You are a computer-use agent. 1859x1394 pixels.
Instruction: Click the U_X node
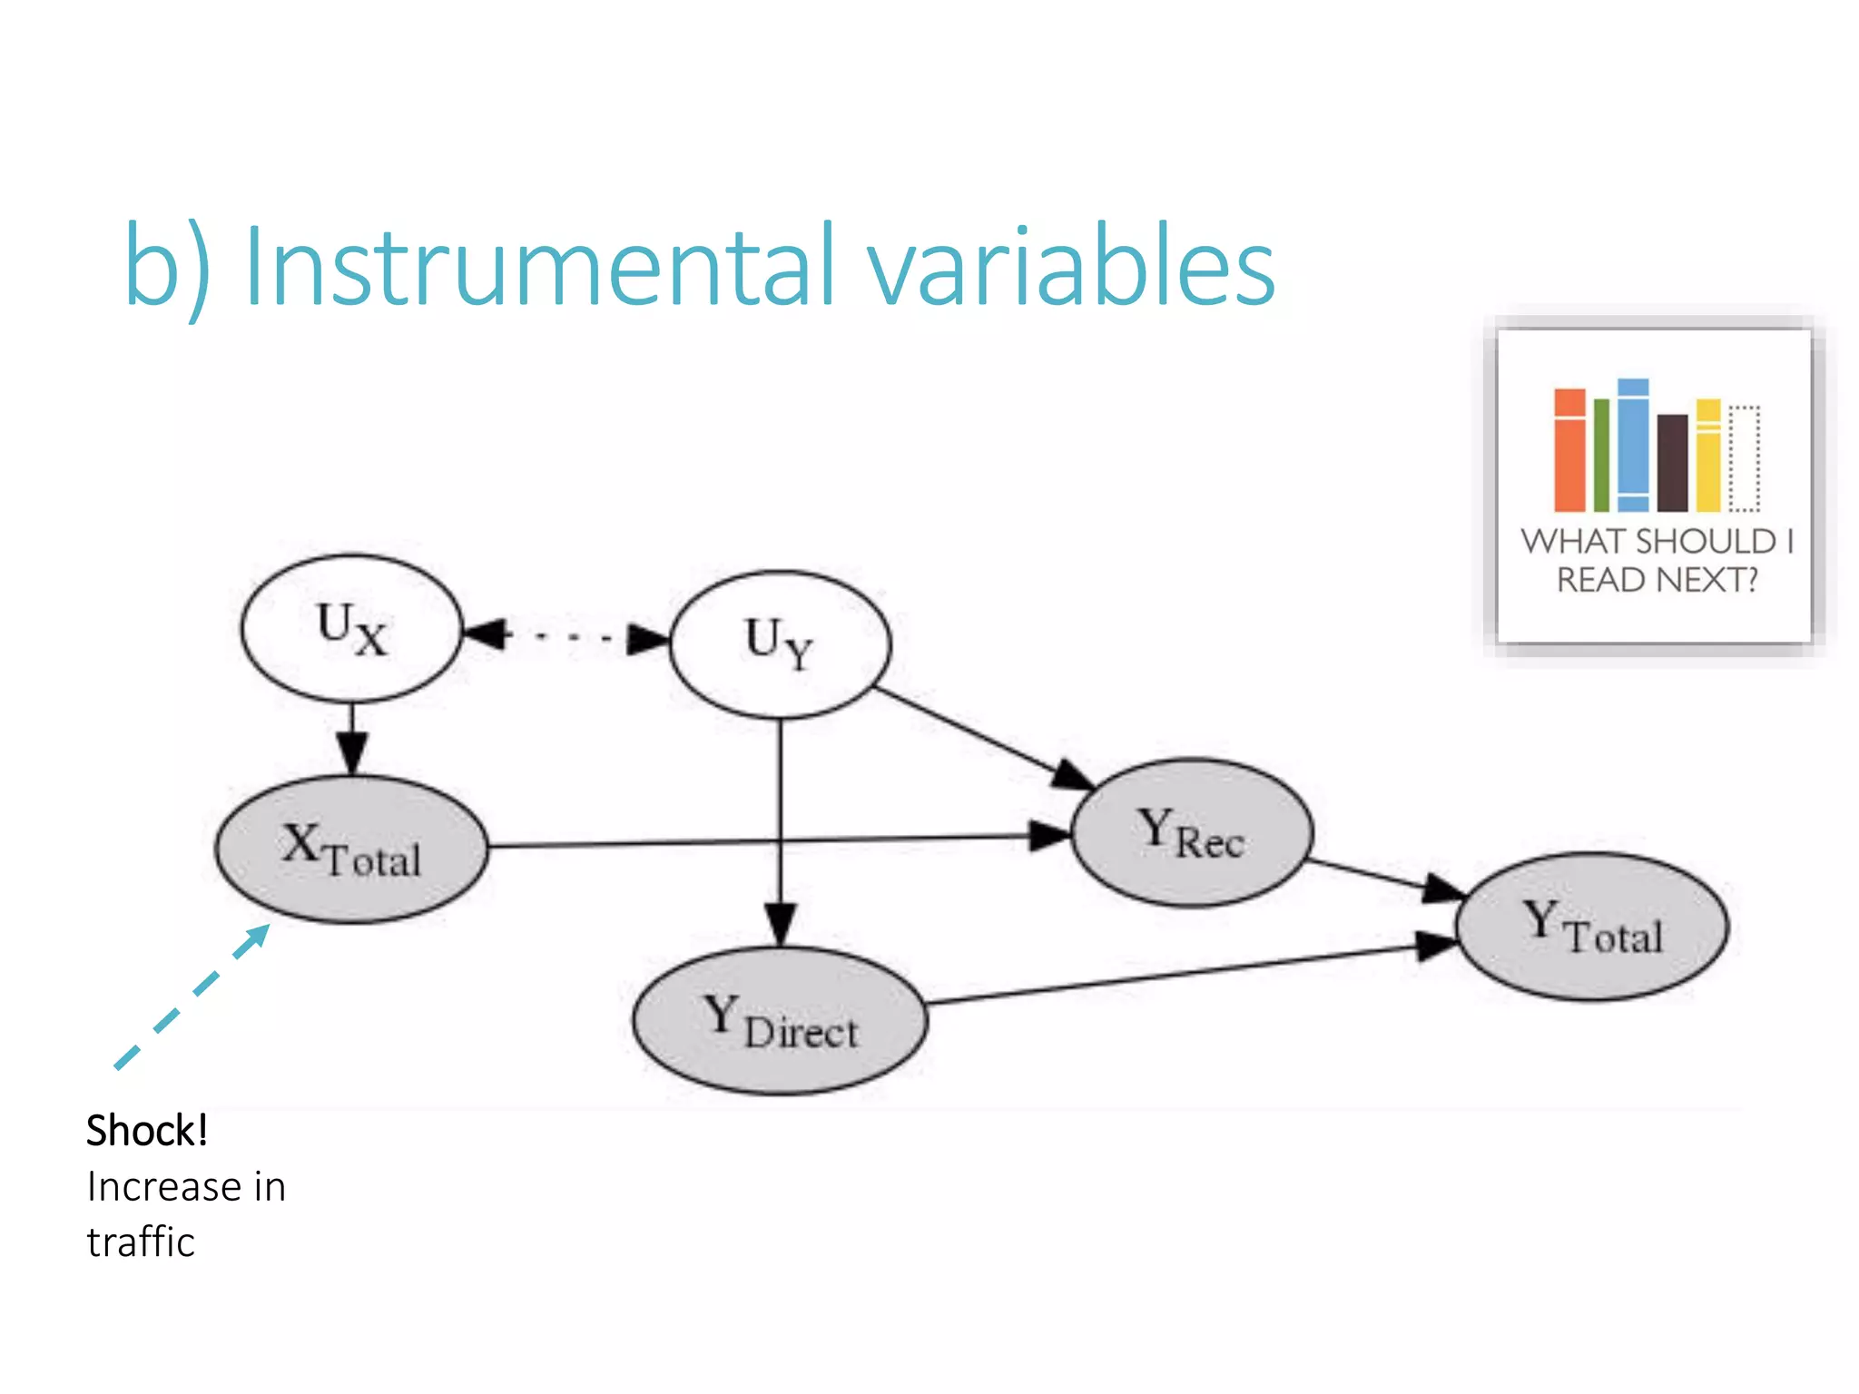pos(351,628)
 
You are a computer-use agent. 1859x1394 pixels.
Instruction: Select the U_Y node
pos(780,643)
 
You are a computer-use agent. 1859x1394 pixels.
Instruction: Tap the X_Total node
pos(351,849)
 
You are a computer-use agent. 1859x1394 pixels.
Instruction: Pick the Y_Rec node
pos(1191,832)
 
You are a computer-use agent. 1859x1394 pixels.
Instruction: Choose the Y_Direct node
pos(780,1020)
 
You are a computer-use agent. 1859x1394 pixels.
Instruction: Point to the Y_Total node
pos(1592,927)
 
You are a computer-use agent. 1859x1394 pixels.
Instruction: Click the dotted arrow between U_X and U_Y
pos(566,636)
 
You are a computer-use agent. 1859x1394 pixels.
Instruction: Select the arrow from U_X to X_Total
pos(351,739)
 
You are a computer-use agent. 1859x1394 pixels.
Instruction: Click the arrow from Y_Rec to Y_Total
pos(1383,878)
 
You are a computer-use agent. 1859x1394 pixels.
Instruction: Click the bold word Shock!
pos(147,1131)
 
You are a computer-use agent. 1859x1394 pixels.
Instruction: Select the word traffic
pos(141,1242)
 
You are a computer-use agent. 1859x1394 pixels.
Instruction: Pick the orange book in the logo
pos(1569,451)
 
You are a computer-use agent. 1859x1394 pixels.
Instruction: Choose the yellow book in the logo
pos(1708,456)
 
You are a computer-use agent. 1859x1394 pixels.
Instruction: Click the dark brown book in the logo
pos(1672,463)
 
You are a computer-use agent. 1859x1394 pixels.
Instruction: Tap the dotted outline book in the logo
pos(1744,458)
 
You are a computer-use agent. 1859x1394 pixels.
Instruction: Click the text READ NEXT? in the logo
pos(1657,580)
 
